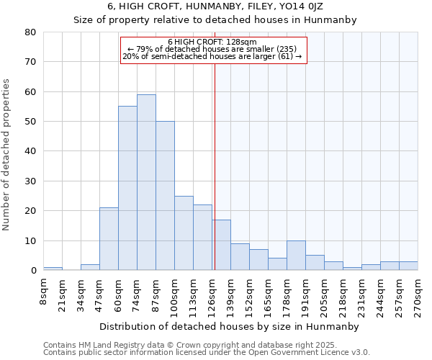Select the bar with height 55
tap(127, 188)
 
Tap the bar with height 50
tap(165, 196)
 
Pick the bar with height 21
tap(109, 239)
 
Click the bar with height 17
tap(221, 245)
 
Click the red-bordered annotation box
tap(212, 49)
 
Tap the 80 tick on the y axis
tap(30, 32)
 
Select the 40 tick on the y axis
tap(30, 151)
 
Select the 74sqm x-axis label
tap(138, 294)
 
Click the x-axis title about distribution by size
tap(229, 326)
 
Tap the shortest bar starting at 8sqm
tap(53, 269)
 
